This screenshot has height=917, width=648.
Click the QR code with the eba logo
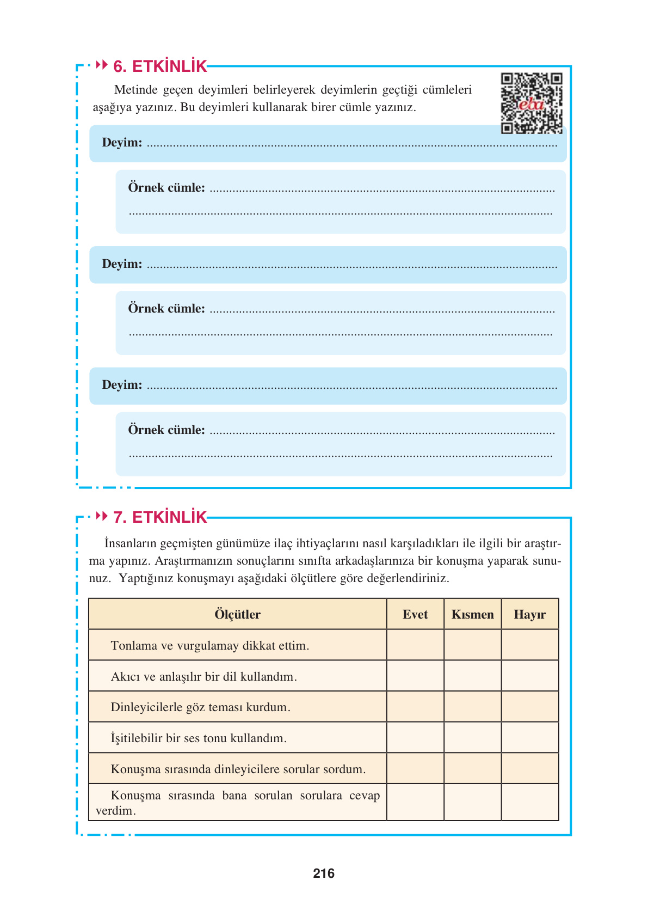532,103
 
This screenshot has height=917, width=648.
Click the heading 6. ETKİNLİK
160,66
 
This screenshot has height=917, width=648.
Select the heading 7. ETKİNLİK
160,517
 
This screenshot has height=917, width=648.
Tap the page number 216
324,873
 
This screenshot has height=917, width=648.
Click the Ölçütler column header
237,614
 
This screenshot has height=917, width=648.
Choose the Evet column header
415,614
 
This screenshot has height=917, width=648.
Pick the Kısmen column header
472,614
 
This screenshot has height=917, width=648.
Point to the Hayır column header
529,614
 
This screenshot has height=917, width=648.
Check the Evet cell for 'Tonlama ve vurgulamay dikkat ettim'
415,645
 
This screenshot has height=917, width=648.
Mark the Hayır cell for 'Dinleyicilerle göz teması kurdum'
529,707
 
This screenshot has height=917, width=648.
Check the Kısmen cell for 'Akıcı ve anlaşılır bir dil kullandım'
472,676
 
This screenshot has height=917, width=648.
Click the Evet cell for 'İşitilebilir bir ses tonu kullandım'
415,738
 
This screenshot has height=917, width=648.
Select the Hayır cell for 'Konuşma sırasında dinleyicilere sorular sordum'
529,768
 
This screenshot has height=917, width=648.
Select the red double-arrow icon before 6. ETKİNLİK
102,65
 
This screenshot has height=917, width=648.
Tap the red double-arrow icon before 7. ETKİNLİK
102,516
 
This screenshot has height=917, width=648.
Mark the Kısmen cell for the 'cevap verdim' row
472,802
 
